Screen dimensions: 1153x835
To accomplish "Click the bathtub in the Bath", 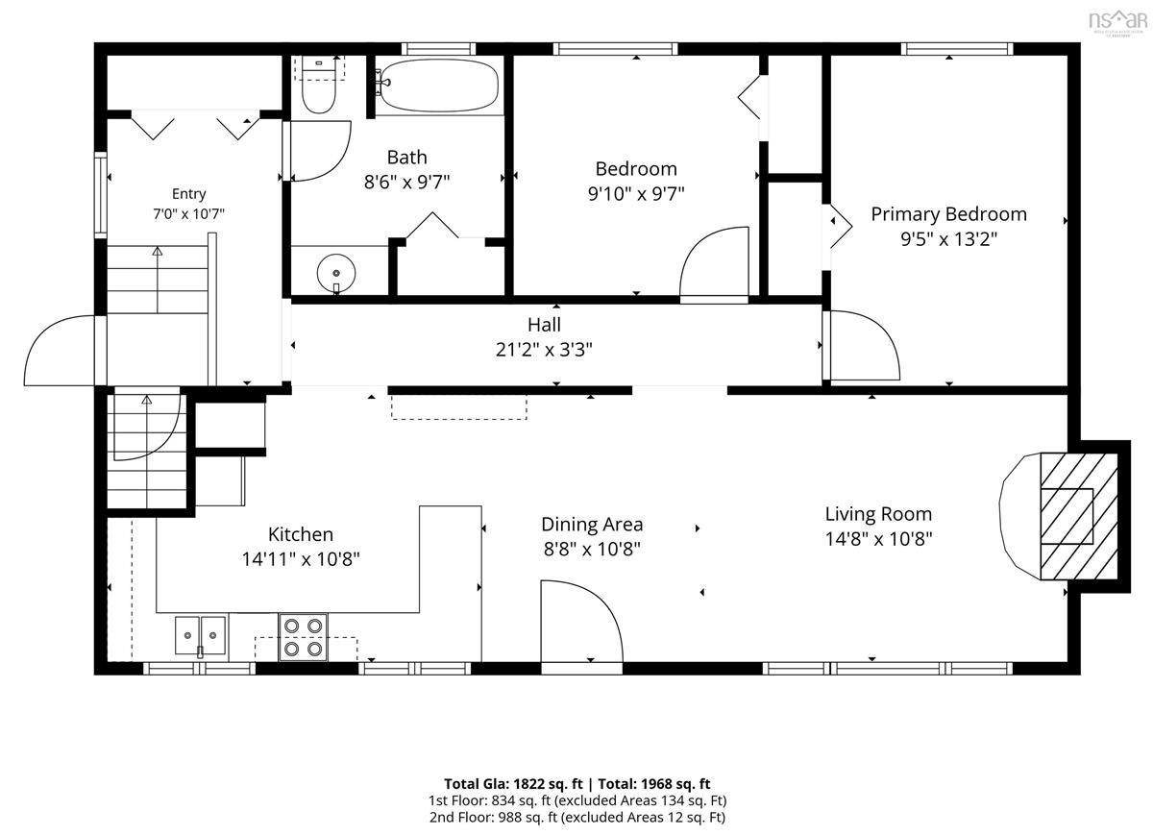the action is [x=437, y=86].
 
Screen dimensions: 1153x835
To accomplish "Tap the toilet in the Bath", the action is [x=319, y=86].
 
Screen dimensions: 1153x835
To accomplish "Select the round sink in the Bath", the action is [x=336, y=273].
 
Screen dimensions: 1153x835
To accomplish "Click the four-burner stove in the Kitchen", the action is [x=304, y=637].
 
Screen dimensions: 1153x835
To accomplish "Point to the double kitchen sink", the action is [x=200, y=636].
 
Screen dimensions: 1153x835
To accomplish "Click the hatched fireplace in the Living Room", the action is [x=1079, y=516].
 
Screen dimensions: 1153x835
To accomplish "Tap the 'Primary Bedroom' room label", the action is [x=948, y=214].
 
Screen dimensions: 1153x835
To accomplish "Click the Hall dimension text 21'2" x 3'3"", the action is [x=544, y=350].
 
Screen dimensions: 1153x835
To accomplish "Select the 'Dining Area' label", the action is [x=592, y=525].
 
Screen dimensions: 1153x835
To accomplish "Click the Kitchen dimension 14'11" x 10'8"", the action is [x=301, y=558].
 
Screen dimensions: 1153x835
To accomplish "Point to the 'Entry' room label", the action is [x=189, y=194].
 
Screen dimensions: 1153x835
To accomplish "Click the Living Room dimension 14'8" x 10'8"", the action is [x=878, y=538].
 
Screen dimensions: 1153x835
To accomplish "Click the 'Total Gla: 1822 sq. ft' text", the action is [x=513, y=784].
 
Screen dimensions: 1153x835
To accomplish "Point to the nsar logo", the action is [x=1117, y=21].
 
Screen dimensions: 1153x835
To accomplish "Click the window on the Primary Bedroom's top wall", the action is [x=957, y=49].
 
